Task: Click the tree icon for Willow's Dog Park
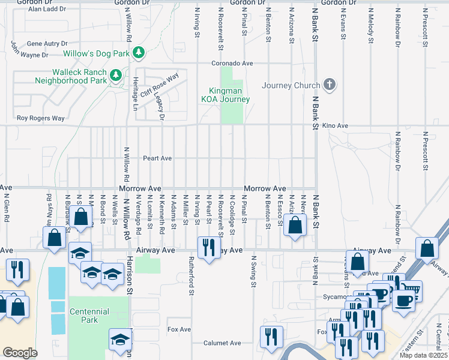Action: click(139, 53)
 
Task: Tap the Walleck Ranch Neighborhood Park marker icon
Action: click(115, 76)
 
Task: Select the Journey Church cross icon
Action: click(329, 85)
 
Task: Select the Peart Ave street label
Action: click(157, 158)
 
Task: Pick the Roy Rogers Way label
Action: click(40, 118)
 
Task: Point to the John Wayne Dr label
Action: click(29, 50)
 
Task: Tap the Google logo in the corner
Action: click(20, 353)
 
